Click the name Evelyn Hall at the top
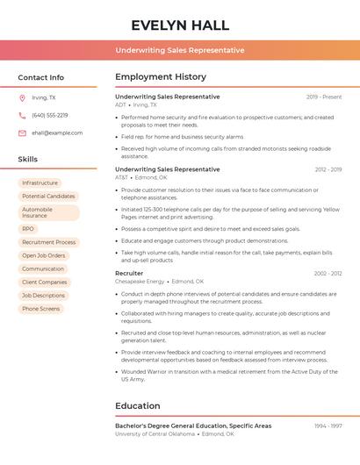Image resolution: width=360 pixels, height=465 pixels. [x=180, y=25]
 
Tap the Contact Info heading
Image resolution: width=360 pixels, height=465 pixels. [x=41, y=77]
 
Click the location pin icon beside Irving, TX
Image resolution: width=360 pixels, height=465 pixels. [x=22, y=98]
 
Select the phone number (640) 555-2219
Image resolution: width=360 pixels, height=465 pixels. [x=49, y=115]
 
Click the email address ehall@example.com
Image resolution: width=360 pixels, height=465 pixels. [x=57, y=132]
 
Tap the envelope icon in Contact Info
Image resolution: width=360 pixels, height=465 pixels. [x=22, y=132]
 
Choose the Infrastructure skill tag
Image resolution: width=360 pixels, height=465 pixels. [x=40, y=182]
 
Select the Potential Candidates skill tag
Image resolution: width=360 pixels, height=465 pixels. [x=48, y=196]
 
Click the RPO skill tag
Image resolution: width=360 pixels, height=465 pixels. [x=28, y=229]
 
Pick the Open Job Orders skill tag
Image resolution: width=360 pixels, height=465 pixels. [x=44, y=255]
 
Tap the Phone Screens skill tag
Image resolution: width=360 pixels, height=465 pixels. [x=41, y=309]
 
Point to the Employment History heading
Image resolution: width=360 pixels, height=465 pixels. [x=161, y=77]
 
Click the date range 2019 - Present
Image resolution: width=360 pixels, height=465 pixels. [x=324, y=97]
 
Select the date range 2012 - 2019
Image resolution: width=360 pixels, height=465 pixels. [x=328, y=169]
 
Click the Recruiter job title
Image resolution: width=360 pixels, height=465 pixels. [x=129, y=274]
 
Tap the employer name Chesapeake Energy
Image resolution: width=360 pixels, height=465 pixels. [x=140, y=282]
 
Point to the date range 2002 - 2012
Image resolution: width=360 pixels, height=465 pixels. [x=328, y=274]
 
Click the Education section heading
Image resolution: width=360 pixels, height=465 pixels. [x=137, y=406]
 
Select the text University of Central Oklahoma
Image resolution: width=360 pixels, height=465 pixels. [x=155, y=433]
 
